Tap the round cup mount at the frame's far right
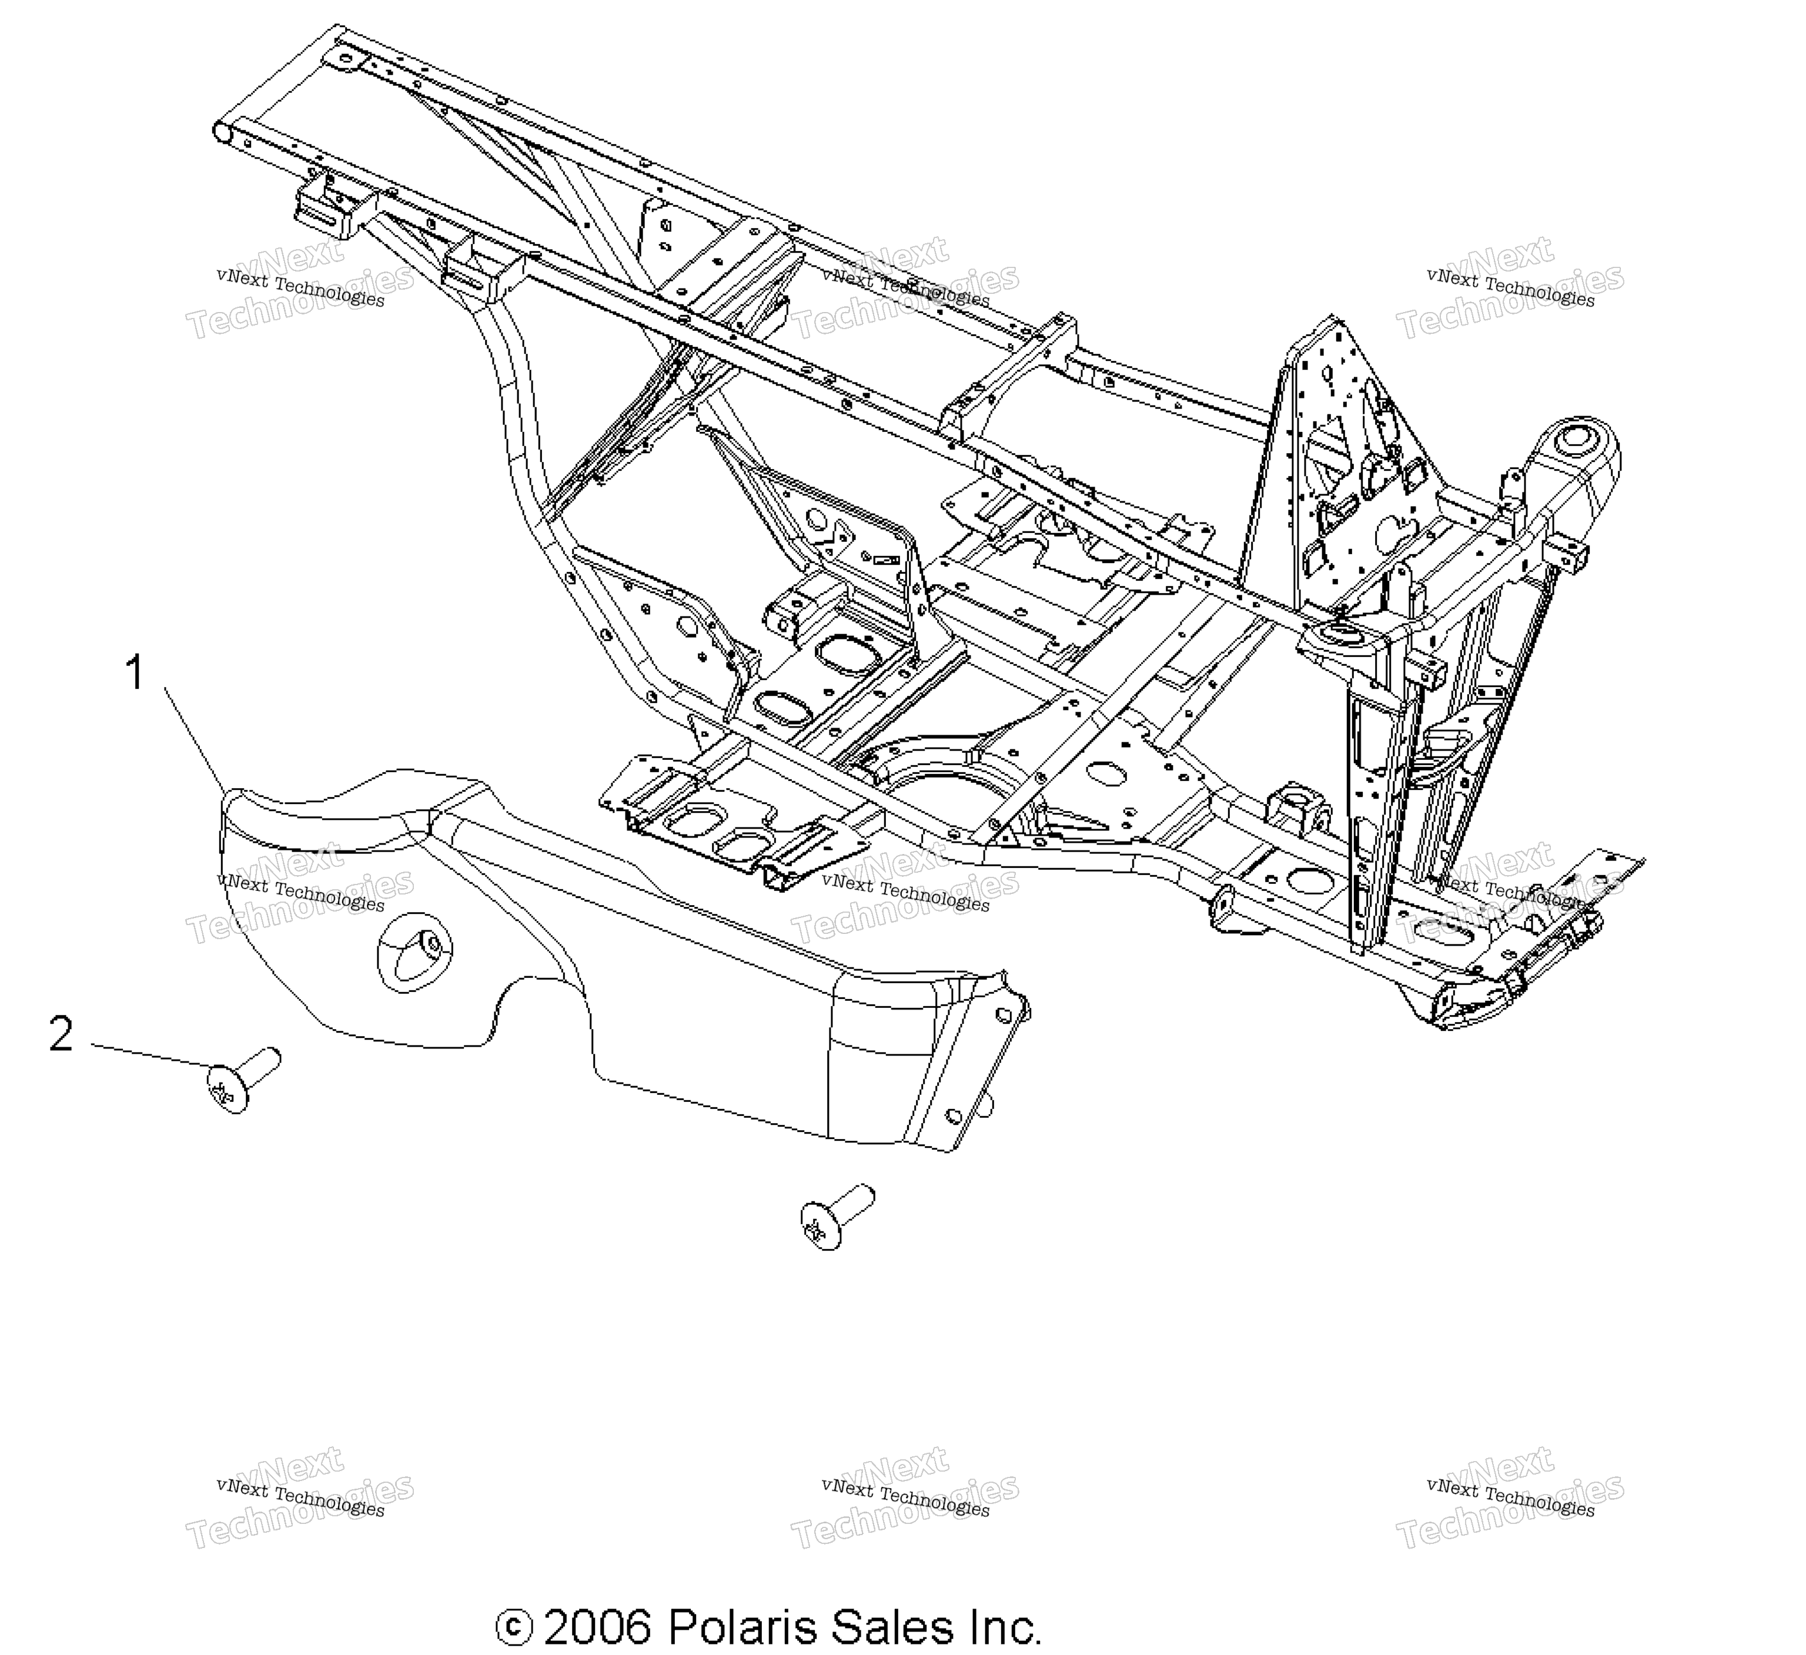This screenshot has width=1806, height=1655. (1572, 448)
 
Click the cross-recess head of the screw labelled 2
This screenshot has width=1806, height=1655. (228, 1089)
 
